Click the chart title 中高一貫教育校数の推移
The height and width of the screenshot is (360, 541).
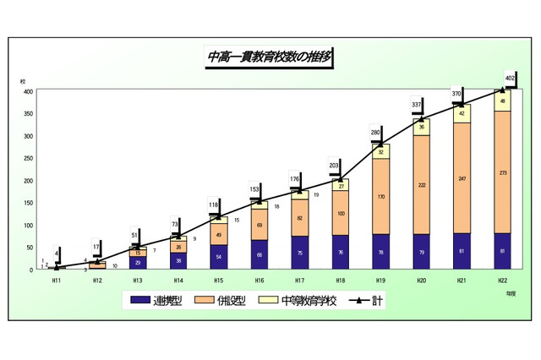[x=269, y=57]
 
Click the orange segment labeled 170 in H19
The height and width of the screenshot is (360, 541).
[x=380, y=196]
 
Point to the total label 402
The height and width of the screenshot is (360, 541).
[x=510, y=78]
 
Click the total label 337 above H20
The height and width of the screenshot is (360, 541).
[x=416, y=105]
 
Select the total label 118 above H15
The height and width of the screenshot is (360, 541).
[x=214, y=205]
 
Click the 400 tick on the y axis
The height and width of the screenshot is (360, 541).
[x=28, y=91]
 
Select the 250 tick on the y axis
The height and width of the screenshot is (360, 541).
[x=28, y=158]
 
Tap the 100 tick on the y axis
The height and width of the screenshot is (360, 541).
[x=28, y=225]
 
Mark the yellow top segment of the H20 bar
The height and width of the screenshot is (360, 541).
[x=421, y=128]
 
